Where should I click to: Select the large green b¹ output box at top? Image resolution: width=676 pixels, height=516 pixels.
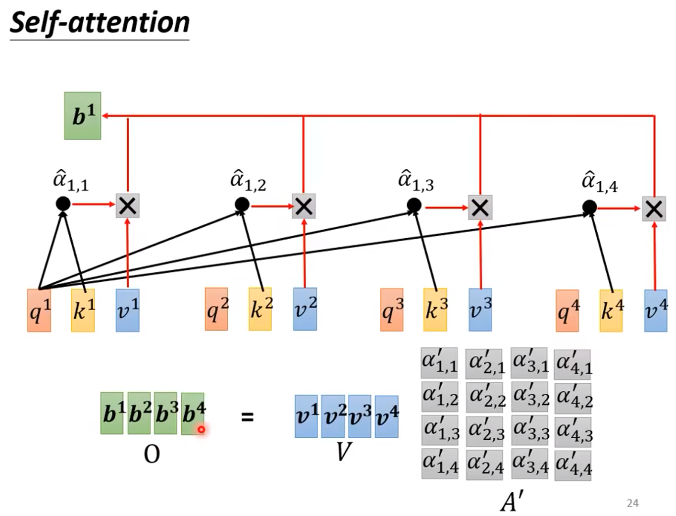pos(83,116)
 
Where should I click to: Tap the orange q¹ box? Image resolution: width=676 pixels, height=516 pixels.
pos(39,310)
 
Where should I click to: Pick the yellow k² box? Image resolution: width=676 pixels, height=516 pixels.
pos(260,309)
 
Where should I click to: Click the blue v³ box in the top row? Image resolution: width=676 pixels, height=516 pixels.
pos(480,310)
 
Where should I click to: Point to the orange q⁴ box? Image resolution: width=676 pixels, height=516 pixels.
pos(567,311)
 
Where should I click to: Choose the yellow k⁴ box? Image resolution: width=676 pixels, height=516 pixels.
pos(611,310)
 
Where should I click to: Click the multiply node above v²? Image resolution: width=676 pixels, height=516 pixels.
pos(304,206)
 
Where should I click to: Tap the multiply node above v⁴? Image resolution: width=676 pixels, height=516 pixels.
pos(654,208)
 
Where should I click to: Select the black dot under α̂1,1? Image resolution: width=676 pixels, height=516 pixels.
pos(63,203)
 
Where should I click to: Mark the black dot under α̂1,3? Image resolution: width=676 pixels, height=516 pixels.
pos(414,205)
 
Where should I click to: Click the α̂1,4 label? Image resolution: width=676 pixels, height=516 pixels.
pos(599,182)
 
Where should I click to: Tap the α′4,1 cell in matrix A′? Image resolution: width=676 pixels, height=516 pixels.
pos(573,364)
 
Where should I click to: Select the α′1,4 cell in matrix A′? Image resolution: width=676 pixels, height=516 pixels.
pos(440,464)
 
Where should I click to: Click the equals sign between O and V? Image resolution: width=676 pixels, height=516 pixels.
pos(247,417)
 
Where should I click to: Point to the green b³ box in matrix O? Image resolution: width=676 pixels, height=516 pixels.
pos(165,413)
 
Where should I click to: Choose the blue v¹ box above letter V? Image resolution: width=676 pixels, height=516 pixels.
pos(306,416)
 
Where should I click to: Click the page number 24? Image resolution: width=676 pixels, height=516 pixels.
pos(632,503)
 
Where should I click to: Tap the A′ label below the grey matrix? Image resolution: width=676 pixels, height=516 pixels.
pos(512,501)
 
